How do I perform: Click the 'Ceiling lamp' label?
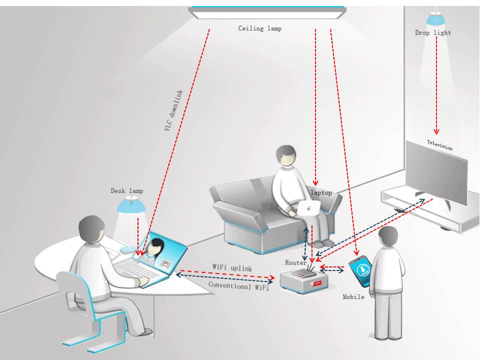point(259,28)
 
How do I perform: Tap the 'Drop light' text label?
point(432,33)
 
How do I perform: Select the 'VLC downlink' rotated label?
point(173,110)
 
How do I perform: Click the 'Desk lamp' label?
point(126,191)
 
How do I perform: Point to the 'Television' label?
point(439,145)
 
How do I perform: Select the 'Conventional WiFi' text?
point(238,286)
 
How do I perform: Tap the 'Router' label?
point(295,262)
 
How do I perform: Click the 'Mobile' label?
point(353,297)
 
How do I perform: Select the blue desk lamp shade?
point(131,205)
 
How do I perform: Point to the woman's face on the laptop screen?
point(156,246)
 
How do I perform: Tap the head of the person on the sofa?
point(286,155)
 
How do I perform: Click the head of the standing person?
point(388,235)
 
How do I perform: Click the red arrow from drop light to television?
point(436,85)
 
